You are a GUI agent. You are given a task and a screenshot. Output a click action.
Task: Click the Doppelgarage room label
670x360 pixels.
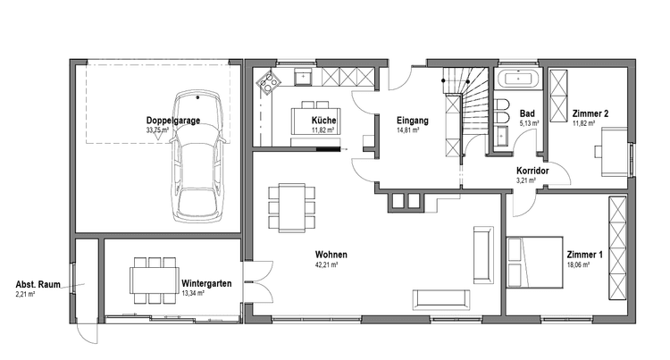click(x=173, y=121)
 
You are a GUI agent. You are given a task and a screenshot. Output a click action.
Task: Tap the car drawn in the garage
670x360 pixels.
click(x=197, y=156)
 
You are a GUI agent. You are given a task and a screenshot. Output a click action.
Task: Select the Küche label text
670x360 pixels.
click(x=323, y=121)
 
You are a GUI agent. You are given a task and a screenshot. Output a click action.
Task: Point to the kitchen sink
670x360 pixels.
click(x=304, y=78)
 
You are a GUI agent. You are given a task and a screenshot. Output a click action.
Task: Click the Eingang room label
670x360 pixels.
click(x=413, y=121)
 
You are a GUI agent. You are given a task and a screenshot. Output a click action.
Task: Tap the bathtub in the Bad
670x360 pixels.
click(x=518, y=79)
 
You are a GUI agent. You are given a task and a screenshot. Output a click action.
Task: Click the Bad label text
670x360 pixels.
click(x=527, y=113)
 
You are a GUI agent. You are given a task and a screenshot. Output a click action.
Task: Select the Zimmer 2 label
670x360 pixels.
click(x=590, y=113)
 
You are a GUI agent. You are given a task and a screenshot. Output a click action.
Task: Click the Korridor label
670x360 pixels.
click(x=532, y=171)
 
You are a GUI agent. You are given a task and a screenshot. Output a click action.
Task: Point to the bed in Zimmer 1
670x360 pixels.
click(x=534, y=263)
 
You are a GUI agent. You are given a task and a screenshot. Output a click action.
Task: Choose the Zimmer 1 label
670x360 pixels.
click(x=584, y=255)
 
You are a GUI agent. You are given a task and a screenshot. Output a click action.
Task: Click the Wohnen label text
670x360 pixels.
click(x=331, y=255)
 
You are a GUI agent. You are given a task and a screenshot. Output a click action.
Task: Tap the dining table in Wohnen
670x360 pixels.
click(x=292, y=208)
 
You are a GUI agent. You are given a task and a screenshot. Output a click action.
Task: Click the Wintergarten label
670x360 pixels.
click(x=206, y=283)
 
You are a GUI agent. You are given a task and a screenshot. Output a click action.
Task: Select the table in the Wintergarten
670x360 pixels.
click(x=155, y=280)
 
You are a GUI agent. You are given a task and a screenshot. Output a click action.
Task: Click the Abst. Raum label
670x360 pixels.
click(x=38, y=284)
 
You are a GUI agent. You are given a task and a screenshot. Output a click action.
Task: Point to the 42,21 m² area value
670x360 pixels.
click(x=326, y=264)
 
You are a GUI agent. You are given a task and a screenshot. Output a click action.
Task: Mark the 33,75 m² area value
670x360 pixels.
click(x=157, y=130)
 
